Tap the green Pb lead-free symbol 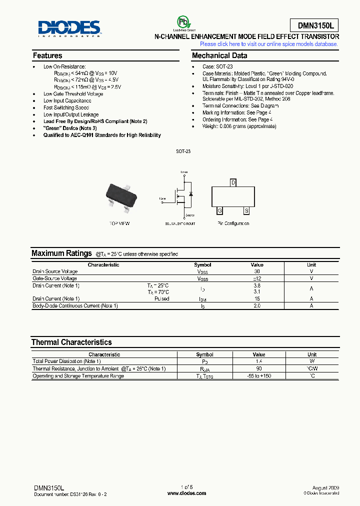183,22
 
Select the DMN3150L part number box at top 314,25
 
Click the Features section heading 47,56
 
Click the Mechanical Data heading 219,56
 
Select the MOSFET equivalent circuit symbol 183,196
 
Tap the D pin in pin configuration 233,182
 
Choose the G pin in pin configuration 219,210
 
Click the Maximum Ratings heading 61,253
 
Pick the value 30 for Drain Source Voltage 257,271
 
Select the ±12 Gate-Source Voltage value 257,278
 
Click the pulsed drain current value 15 257,299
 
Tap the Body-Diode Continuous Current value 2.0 257,305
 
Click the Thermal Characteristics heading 71,342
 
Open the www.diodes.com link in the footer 186,493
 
